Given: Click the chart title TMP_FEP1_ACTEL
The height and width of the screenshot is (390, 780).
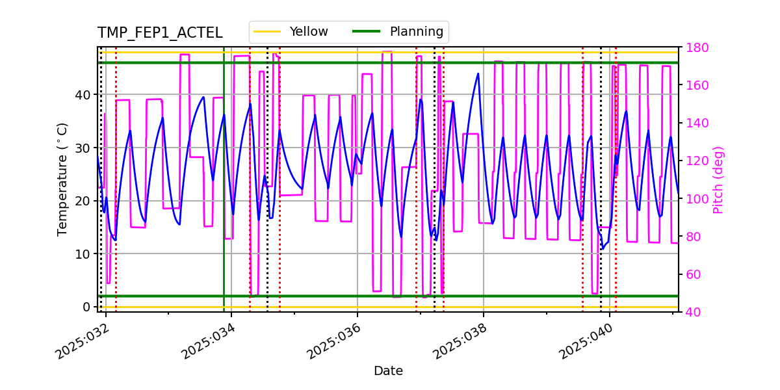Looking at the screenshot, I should (160, 33).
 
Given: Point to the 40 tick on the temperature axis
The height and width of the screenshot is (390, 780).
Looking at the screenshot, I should (84, 94).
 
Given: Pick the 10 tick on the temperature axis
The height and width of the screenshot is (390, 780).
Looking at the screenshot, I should (84, 253).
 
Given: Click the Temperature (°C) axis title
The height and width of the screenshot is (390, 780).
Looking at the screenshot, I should (62, 179).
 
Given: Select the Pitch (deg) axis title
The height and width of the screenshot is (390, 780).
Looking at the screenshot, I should (718, 180).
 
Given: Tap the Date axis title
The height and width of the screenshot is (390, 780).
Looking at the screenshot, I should (388, 371).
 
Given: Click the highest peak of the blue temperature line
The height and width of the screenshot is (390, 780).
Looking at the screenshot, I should (478, 73).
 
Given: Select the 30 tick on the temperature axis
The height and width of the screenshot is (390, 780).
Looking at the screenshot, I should (84, 148).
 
